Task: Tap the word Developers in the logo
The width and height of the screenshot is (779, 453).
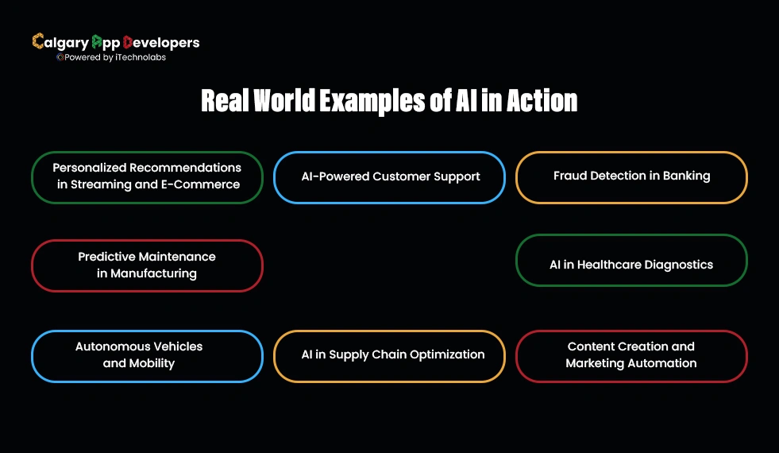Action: (x=164, y=42)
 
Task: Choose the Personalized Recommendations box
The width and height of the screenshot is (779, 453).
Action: (x=147, y=176)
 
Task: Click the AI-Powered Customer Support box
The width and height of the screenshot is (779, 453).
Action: (x=390, y=176)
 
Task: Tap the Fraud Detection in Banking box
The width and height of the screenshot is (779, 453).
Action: (x=631, y=176)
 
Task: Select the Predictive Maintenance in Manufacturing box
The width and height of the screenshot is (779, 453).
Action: (x=147, y=265)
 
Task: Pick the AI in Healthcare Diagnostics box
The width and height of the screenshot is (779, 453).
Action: (x=631, y=265)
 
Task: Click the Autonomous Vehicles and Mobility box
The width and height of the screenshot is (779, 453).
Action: (x=147, y=355)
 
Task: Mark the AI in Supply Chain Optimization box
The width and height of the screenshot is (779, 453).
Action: (x=390, y=355)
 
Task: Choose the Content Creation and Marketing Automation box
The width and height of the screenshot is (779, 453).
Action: (x=631, y=355)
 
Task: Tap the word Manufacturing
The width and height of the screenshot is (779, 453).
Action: (x=154, y=274)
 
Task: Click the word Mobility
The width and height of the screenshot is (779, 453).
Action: (x=151, y=364)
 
